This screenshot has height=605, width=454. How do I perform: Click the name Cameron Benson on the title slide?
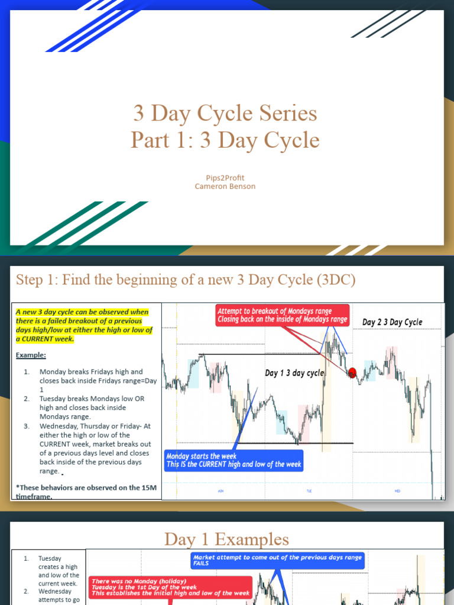[x=225, y=187]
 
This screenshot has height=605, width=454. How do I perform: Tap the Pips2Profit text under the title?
[x=225, y=177]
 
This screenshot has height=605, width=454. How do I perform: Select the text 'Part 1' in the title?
[x=157, y=140]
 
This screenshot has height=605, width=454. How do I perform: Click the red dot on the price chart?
[x=352, y=373]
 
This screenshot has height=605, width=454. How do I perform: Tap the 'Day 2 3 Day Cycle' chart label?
[x=392, y=322]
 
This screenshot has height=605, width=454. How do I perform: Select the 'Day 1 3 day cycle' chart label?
[x=294, y=373]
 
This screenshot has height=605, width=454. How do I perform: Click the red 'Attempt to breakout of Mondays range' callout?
[x=283, y=315]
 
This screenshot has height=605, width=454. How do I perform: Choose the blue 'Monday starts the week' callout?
[x=234, y=460]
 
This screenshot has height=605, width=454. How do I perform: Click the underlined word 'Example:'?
[x=31, y=355]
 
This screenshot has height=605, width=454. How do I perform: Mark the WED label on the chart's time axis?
[x=397, y=491]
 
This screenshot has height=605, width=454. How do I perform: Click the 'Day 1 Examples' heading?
[x=226, y=539]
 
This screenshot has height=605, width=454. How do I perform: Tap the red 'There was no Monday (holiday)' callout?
[x=170, y=587]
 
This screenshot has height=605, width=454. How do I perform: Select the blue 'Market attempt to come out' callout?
[x=277, y=561]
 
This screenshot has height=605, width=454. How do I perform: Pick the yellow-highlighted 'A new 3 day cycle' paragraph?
[x=83, y=326]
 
